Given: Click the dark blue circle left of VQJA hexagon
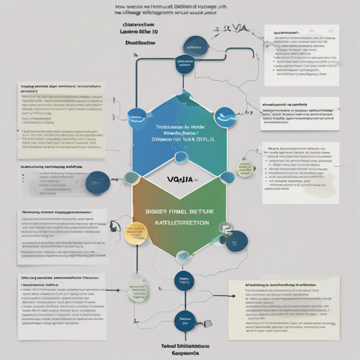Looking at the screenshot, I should (x=96, y=182).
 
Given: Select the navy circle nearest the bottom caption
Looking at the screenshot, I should (x=185, y=321).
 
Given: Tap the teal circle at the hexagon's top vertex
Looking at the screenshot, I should (x=184, y=96).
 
